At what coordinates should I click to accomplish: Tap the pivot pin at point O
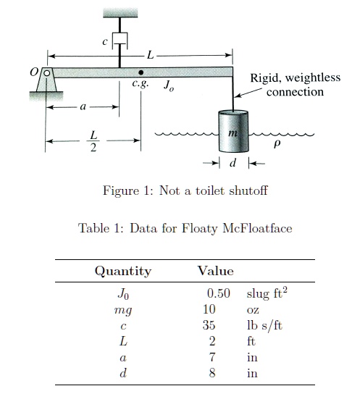pyautogui.click(x=46, y=73)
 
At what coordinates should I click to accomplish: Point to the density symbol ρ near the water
pyautogui.click(x=277, y=144)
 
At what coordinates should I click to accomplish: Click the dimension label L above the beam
pyautogui.click(x=150, y=54)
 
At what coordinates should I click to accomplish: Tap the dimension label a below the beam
pyautogui.click(x=83, y=106)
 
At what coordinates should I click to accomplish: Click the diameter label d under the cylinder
pyautogui.click(x=232, y=164)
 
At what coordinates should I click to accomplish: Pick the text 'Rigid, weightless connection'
pyautogui.click(x=295, y=85)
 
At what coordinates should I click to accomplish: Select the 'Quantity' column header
pyautogui.click(x=123, y=272)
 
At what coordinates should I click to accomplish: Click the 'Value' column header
pyautogui.click(x=215, y=272)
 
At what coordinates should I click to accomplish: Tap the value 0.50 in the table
pyautogui.click(x=219, y=293)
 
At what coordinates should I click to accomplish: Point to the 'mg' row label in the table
pyautogui.click(x=123, y=310)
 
